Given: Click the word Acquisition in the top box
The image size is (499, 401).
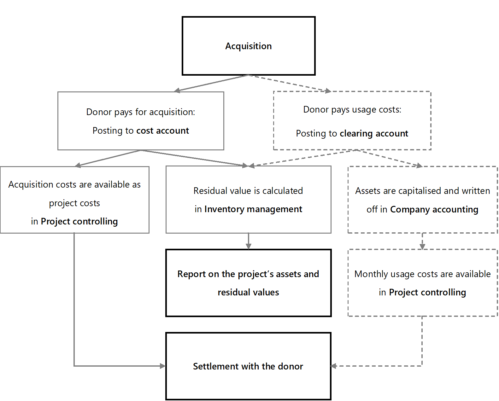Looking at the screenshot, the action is [x=248, y=46].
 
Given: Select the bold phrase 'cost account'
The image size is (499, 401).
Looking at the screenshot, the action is [x=162, y=131].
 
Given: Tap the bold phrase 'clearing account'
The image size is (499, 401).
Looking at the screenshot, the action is [x=374, y=134].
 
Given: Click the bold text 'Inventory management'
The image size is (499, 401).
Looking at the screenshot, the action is [x=253, y=209].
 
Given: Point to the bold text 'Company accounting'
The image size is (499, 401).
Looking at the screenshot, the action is [x=434, y=210].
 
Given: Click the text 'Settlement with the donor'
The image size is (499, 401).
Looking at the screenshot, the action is [x=248, y=366].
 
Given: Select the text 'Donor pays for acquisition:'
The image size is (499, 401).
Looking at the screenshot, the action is [x=141, y=112].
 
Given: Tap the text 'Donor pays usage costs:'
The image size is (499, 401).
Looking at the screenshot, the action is [x=352, y=110].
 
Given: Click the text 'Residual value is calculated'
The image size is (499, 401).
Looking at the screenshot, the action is [x=248, y=191].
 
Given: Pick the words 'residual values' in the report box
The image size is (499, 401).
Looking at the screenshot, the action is [x=248, y=292].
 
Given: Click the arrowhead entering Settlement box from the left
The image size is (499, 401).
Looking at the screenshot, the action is [x=163, y=366].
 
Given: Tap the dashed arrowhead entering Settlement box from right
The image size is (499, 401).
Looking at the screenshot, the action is [x=333, y=366].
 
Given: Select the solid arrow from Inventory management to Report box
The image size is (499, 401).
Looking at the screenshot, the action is [x=248, y=241].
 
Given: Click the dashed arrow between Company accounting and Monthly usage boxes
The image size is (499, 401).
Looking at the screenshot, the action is [x=422, y=241].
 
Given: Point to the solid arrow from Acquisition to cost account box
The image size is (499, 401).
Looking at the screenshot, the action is [x=211, y=83].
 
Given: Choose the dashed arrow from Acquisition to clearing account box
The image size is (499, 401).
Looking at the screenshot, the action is [x=290, y=83].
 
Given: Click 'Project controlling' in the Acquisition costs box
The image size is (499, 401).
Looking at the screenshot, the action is [x=79, y=222].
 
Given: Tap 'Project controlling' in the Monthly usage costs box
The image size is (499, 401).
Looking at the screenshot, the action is [x=427, y=293].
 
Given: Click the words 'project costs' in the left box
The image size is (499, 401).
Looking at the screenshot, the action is [x=74, y=203].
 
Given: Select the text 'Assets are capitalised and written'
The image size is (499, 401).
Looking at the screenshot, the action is [x=422, y=191].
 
